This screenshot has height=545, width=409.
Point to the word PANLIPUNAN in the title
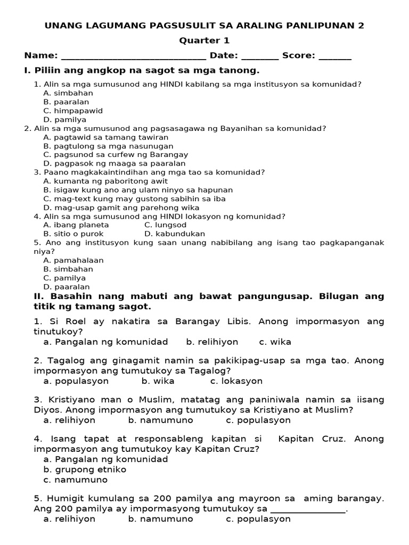(x=311, y=26)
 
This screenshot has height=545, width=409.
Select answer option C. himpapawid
(x=73, y=111)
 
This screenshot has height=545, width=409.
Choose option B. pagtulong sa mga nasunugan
(x=108, y=146)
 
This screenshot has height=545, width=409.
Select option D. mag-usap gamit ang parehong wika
(x=121, y=208)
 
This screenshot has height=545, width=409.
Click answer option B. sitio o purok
(x=73, y=234)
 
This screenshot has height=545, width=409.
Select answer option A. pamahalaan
(x=73, y=260)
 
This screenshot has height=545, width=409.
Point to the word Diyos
(x=46, y=410)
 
